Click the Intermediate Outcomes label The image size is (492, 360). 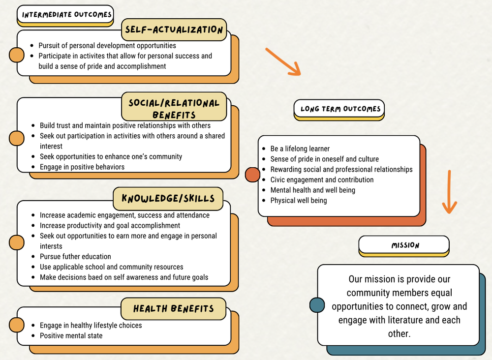coord(67,15)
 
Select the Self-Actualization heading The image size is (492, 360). coord(174,30)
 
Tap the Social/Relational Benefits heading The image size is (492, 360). coord(174,109)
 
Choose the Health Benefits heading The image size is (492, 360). coord(174,309)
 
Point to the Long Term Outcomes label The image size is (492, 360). coord(339,109)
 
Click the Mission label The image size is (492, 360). coord(404,245)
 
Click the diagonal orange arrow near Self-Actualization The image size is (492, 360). coord(283,62)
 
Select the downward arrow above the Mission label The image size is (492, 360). coord(448,192)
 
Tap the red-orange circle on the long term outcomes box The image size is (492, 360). coord(252,175)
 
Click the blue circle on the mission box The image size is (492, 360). coord(317,305)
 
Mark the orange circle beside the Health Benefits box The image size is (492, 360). coord(17,325)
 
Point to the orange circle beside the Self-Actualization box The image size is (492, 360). coord(17,55)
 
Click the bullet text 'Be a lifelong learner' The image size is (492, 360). coord(300,149)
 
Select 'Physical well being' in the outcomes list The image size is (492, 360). coord(298,200)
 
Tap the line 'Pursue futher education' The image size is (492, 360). coord(75,256)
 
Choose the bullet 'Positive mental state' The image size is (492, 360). coord(71,335)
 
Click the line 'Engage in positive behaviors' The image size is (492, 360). coord(82,167)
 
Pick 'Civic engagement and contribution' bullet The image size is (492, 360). coord(322,180)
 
